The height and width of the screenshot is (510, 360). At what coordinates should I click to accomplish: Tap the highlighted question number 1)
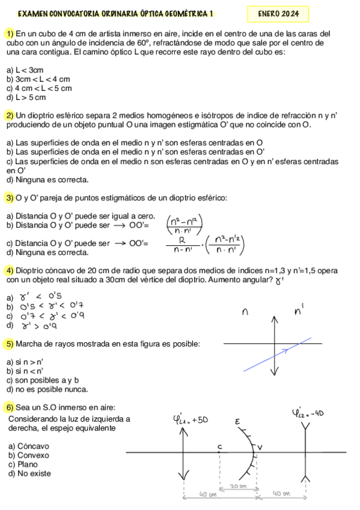[10, 34]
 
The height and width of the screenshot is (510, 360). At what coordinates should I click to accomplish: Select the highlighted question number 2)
[10, 115]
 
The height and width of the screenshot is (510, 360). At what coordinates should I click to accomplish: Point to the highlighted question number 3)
[10, 198]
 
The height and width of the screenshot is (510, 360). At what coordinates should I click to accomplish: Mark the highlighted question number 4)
[10, 270]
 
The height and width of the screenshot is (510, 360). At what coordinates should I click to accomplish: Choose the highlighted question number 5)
[10, 343]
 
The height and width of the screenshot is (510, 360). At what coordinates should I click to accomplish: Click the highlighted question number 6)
[10, 407]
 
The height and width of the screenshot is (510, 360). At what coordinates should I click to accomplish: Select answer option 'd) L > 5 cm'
[26, 97]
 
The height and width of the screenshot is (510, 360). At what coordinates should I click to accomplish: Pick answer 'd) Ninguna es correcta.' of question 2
[47, 179]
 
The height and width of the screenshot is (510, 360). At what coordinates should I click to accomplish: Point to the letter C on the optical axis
[219, 447]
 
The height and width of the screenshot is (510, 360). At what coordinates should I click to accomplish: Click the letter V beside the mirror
[260, 447]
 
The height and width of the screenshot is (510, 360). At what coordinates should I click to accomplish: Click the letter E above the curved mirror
[237, 423]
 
